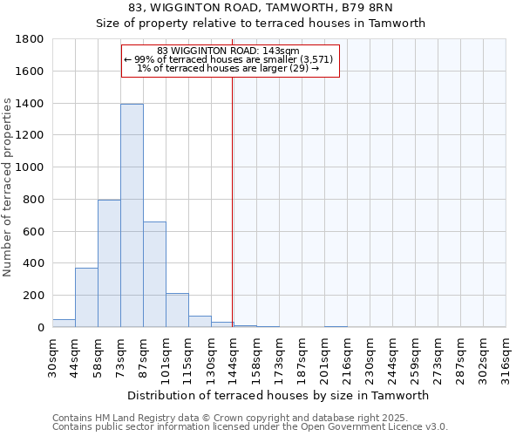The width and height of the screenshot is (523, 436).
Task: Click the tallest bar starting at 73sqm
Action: coord(132,215)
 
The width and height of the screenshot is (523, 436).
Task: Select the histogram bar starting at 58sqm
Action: coord(109,263)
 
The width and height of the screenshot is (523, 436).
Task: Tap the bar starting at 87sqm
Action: coord(154,275)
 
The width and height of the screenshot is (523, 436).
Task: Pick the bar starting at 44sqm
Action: coord(86,297)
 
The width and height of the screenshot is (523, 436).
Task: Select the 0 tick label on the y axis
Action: coord(41,328)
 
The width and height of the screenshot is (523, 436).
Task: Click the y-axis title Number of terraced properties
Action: coord(9,187)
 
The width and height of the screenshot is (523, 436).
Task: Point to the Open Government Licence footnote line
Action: coord(250,427)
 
